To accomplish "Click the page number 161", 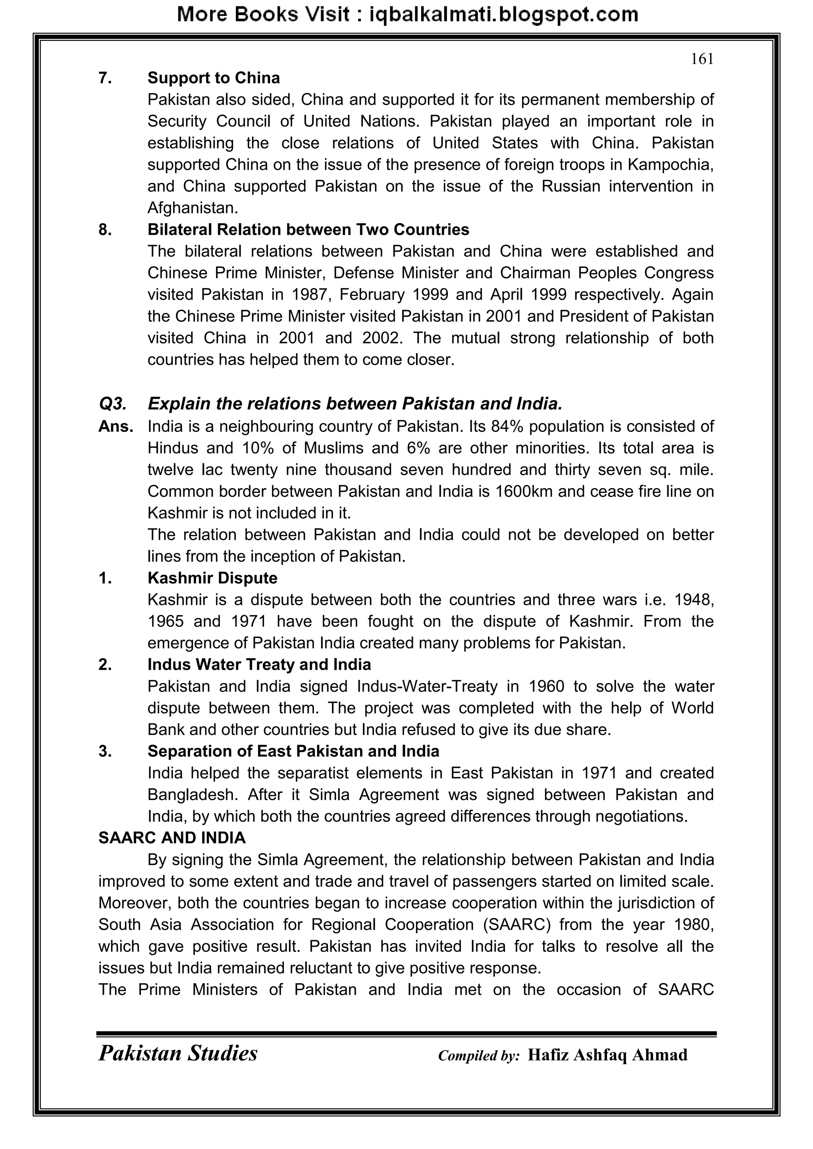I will [x=702, y=60].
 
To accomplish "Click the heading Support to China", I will [x=213, y=78].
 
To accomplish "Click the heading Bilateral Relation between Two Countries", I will [x=308, y=230].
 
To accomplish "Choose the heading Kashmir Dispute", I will [x=212, y=578].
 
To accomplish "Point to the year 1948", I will [x=694, y=600].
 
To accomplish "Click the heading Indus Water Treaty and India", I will [x=259, y=664].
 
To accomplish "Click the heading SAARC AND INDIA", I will [x=172, y=838].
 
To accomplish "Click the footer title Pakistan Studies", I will [x=178, y=1053].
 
